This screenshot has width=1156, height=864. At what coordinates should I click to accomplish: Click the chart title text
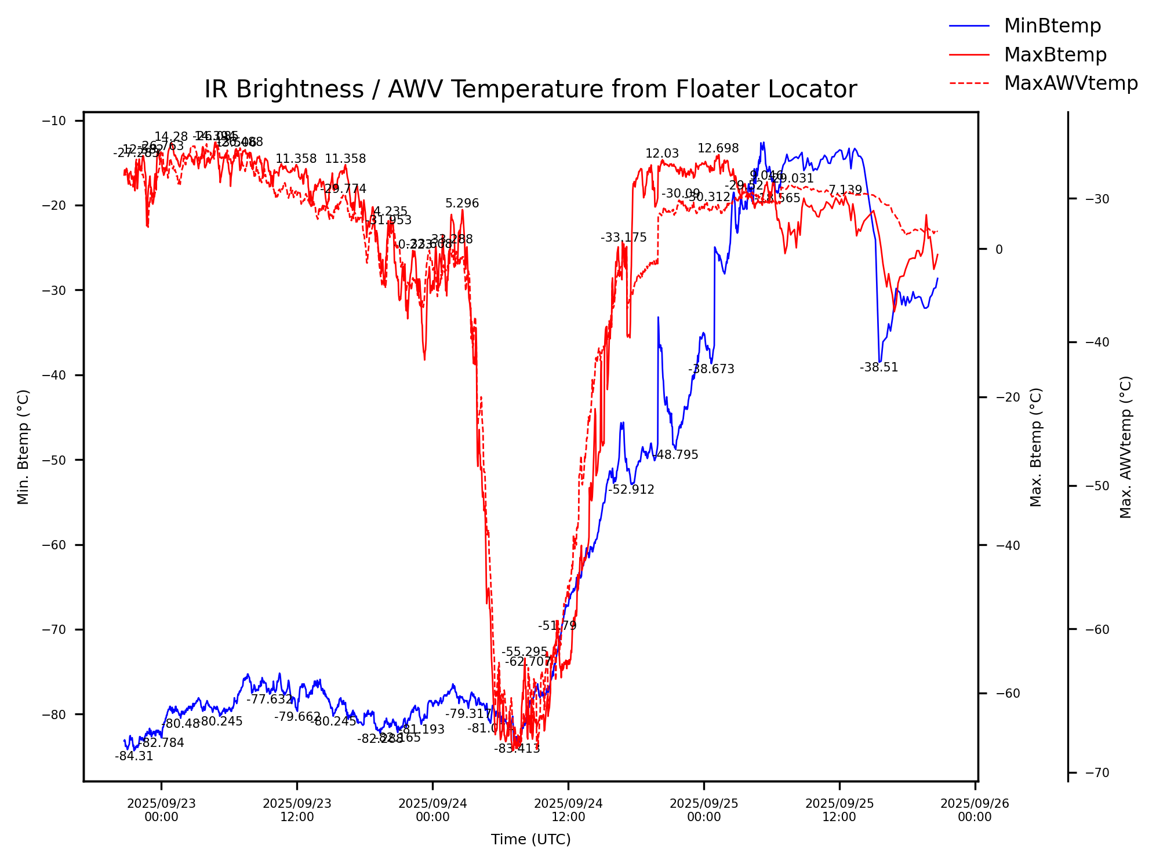click(530, 90)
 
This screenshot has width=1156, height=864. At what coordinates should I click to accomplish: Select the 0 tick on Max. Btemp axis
click(999, 250)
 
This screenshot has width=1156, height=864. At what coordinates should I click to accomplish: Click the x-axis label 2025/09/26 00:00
click(975, 810)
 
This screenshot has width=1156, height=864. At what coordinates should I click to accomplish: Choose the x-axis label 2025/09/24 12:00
click(568, 810)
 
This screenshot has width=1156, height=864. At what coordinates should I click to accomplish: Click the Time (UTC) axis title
click(530, 840)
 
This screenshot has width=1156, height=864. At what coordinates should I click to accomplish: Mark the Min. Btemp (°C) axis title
click(23, 447)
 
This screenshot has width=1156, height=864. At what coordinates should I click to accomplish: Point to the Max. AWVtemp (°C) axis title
click(1126, 447)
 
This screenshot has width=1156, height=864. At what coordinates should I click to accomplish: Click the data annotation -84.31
click(134, 756)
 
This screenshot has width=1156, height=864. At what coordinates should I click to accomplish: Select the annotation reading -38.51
click(878, 367)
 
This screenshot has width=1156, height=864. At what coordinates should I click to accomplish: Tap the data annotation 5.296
click(462, 203)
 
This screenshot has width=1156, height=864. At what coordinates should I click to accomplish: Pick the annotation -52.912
click(631, 490)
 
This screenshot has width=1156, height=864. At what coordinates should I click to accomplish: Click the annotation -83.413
click(517, 749)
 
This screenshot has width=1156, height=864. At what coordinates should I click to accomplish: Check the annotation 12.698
click(718, 148)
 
